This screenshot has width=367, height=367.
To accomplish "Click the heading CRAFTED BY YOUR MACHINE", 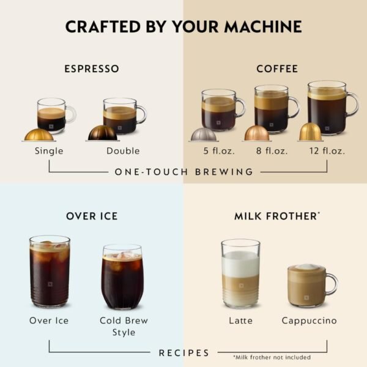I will [x=183, y=26].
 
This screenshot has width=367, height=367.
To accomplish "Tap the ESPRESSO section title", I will [x=92, y=69].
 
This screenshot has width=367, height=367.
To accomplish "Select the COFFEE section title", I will [x=276, y=69].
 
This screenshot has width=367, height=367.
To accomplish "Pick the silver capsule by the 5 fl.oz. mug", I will [x=202, y=135].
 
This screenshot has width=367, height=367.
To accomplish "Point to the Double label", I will [x=122, y=150].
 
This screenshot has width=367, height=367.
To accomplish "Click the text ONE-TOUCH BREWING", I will [x=183, y=172].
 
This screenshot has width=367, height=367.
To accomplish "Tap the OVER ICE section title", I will [x=92, y=216].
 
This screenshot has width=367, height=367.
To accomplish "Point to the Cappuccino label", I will [x=309, y=321].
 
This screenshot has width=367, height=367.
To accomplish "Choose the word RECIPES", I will [x=184, y=353].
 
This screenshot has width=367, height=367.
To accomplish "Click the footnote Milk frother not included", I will [x=272, y=357].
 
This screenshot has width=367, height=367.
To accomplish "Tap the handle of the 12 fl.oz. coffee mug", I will [x=352, y=104].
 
